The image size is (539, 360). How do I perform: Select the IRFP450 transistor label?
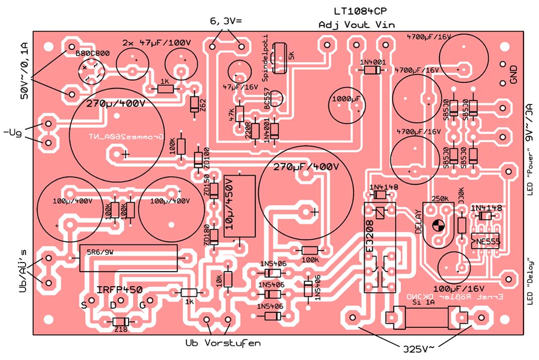[x=120, y=290]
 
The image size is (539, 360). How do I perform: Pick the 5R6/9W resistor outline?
[x=129, y=258]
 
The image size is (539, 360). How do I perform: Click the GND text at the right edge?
[x=514, y=74]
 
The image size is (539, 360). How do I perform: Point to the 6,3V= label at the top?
[x=226, y=21]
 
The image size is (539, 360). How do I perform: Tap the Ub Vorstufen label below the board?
[x=223, y=343]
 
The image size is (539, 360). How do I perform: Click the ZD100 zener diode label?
[x=207, y=158]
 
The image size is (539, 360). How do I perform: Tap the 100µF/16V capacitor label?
[x=459, y=289]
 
